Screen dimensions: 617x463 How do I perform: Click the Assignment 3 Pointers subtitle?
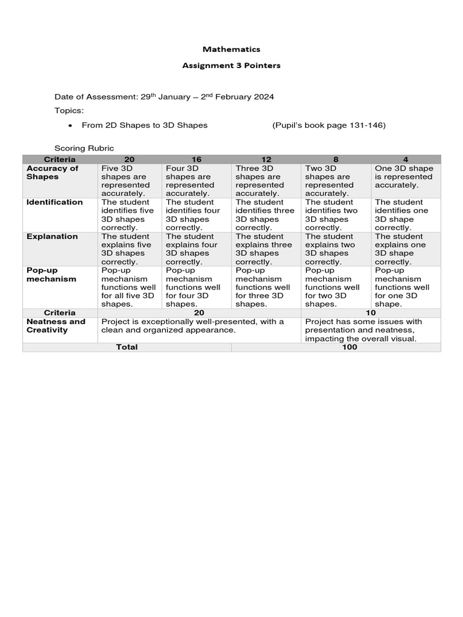click(231, 65)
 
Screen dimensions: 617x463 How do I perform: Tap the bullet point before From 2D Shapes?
click(71, 126)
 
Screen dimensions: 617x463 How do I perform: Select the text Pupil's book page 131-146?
click(329, 125)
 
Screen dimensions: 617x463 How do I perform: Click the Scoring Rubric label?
click(84, 148)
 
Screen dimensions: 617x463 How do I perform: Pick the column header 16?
click(197, 159)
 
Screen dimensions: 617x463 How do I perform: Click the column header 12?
click(266, 159)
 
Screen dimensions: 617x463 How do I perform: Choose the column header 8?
click(336, 159)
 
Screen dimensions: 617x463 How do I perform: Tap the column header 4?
click(406, 159)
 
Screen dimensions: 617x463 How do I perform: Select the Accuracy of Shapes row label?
click(52, 173)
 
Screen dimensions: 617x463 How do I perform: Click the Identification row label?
click(55, 202)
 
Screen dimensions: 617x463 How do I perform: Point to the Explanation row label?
click(52, 237)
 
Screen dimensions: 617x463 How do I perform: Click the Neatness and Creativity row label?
click(56, 326)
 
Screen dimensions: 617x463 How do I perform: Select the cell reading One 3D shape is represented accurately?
click(405, 177)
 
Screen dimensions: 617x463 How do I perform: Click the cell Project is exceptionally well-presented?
click(193, 326)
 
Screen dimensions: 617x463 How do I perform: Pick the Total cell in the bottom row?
click(127, 347)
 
